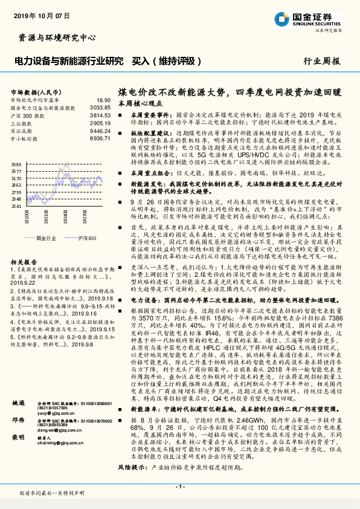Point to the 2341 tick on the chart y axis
pyautogui.click(x=16, y=206)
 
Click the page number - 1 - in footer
pyautogui.click(x=179, y=487)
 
